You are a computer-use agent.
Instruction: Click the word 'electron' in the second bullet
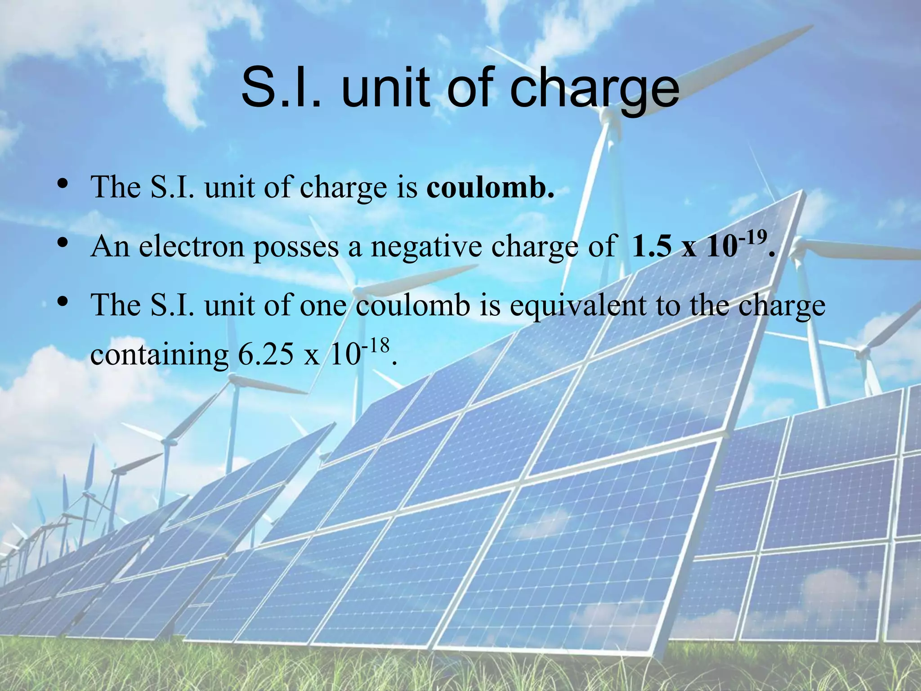click(191, 247)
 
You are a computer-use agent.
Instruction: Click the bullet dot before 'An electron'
click(63, 243)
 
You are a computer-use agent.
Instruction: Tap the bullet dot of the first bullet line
click(63, 183)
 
